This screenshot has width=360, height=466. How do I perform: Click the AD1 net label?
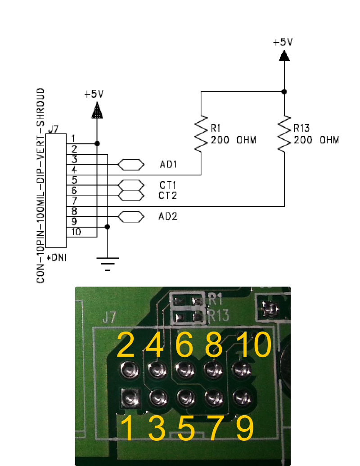click(168, 165)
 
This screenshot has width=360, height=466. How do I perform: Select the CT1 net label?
click(168, 185)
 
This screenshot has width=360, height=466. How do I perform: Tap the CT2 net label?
click(168, 196)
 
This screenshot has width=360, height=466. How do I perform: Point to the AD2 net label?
click(168, 217)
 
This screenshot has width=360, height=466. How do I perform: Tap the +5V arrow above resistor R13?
click(284, 55)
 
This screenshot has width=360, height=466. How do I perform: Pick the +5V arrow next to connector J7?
click(97, 111)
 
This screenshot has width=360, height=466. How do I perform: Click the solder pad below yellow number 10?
click(240, 370)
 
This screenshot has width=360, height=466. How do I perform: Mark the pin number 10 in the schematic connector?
click(76, 232)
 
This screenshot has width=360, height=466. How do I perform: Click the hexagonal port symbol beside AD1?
click(131, 165)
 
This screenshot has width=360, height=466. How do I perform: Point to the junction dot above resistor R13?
click(284, 92)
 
